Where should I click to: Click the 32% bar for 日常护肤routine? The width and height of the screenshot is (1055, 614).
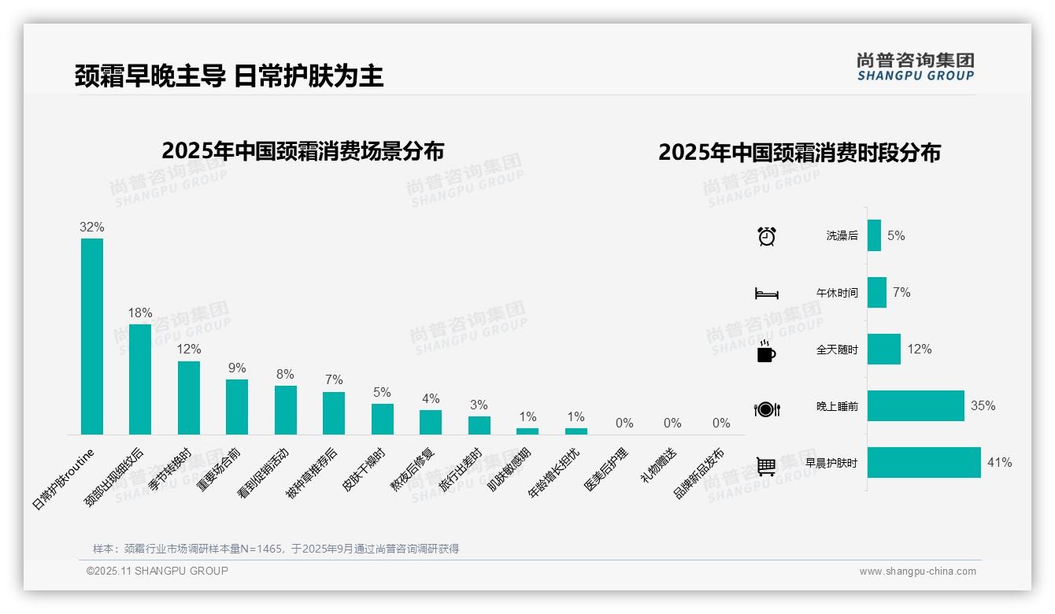pos(92,336)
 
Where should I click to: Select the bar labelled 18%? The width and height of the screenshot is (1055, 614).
pos(140,379)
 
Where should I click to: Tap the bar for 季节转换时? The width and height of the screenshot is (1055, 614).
pos(189,398)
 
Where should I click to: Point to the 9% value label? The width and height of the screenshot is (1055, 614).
pos(237,368)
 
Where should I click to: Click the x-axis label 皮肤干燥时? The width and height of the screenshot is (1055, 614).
pos(365,471)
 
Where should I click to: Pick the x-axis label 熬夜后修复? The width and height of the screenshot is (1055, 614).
pos(413,471)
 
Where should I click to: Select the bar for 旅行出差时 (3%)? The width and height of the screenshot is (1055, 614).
pos(479,425)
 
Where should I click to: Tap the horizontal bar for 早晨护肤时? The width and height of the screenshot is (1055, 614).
pos(924,463)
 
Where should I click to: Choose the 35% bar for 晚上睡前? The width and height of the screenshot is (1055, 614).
pos(916,406)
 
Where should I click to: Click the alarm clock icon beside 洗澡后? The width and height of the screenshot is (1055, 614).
pos(767,236)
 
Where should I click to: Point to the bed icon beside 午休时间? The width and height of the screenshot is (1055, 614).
pos(767,294)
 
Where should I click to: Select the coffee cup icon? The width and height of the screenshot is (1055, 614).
pos(766,351)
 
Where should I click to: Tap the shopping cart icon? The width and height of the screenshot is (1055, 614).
pos(766,466)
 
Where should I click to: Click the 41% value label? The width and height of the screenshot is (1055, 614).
pos(1000,463)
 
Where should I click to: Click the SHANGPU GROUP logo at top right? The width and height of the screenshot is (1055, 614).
pos(916,67)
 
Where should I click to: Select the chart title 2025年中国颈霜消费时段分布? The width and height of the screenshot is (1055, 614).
pos(799,153)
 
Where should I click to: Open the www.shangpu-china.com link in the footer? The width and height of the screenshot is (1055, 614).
pos(917,571)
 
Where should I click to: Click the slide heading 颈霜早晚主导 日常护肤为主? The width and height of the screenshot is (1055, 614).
pos(229,76)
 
